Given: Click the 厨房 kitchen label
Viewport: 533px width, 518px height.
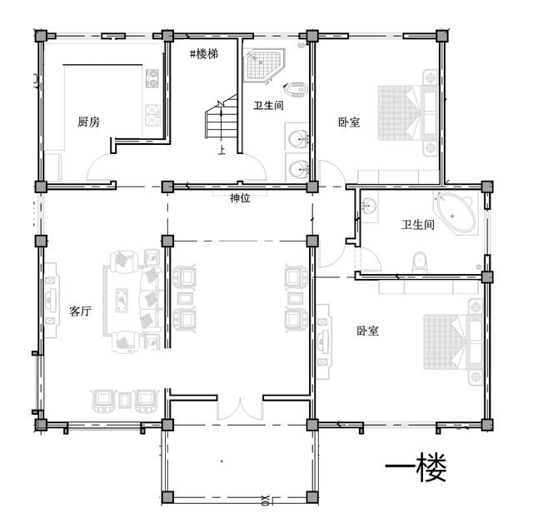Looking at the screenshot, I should (x=89, y=122).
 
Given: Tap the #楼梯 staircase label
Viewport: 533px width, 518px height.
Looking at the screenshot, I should (x=203, y=53).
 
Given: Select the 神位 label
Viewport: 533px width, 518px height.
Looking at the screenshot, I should (x=242, y=197).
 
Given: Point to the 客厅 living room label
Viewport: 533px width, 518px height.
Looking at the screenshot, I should (x=80, y=311).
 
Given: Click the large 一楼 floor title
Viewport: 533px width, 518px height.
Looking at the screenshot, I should (x=416, y=470).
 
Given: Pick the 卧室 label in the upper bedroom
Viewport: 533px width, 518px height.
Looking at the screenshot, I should (x=349, y=122).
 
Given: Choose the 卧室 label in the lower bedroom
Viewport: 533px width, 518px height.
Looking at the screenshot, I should (x=368, y=331).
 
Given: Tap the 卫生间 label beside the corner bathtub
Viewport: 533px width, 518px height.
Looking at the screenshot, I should (x=417, y=225).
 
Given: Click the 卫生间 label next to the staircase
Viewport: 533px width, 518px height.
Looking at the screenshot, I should (x=269, y=106).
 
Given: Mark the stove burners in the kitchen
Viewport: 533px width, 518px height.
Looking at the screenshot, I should (x=152, y=80).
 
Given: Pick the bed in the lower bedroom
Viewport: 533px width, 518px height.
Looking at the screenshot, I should (x=447, y=341).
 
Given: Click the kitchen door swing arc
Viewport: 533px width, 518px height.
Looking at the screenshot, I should (x=102, y=169).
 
